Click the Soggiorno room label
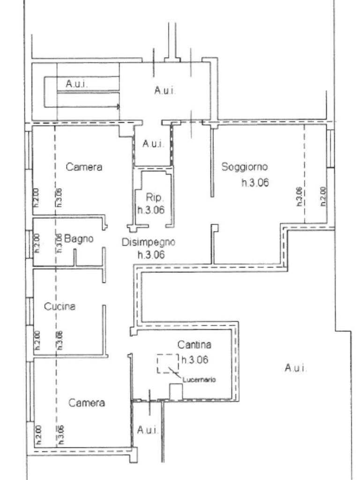[x=244, y=166]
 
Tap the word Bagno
[x=79, y=239]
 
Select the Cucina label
[x=60, y=307]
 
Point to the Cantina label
[x=194, y=345]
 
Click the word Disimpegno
[x=149, y=242]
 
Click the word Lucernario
[x=199, y=380]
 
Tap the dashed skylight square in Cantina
[x=168, y=364]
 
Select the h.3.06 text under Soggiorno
[x=255, y=183]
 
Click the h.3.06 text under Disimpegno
[x=150, y=255]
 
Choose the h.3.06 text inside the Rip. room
[x=151, y=210]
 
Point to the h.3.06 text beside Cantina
[x=195, y=360]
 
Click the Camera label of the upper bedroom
[x=84, y=167]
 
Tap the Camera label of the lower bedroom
[x=87, y=403]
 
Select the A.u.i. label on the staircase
[x=77, y=84]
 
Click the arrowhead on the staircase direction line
[x=118, y=107]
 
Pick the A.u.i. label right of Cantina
[x=296, y=368]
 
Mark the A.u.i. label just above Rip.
[x=153, y=144]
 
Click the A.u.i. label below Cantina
[x=148, y=429]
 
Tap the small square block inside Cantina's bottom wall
[x=175, y=392]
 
